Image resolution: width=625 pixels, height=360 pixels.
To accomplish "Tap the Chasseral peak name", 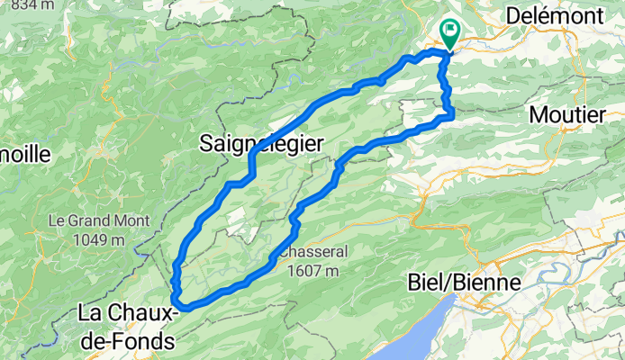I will (312, 253).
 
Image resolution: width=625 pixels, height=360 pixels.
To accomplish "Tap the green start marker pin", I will (448, 33).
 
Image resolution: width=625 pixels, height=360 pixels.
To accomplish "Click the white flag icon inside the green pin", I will (448, 30).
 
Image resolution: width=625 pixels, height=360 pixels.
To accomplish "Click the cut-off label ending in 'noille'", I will (24, 154).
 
